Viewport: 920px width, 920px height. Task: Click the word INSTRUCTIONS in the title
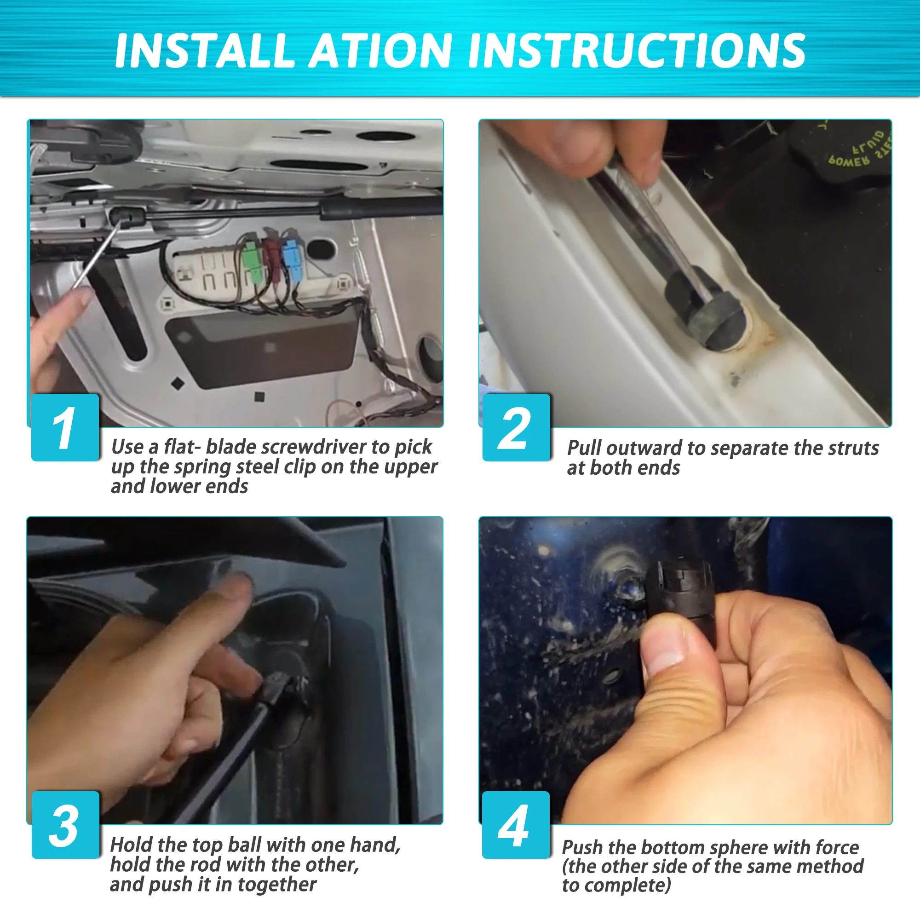637,51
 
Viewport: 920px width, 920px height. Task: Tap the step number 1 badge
65,427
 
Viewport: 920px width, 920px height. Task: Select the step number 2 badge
516,427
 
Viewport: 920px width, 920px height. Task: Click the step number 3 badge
65,825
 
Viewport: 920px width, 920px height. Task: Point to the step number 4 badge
516,825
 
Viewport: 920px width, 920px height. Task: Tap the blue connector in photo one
290,260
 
